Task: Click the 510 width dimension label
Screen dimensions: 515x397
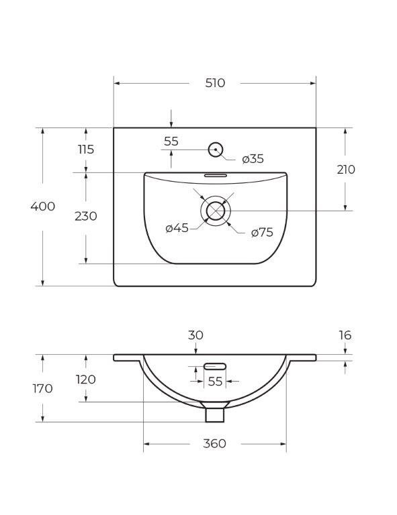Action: (215, 83)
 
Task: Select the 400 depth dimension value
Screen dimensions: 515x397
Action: (43, 207)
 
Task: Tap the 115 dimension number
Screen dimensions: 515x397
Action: (86, 150)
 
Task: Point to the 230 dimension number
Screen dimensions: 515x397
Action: (86, 217)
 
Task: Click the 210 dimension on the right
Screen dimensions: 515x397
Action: (346, 170)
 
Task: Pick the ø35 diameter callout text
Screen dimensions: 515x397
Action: (253, 159)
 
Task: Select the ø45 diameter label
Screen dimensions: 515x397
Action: (177, 229)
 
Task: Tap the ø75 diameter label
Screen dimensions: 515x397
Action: (262, 233)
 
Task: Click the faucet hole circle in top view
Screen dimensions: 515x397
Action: (216, 149)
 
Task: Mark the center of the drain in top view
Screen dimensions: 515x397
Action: (216, 211)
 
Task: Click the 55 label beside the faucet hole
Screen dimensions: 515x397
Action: (171, 141)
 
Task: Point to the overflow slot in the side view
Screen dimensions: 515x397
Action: (215, 366)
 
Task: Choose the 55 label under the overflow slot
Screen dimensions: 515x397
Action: (215, 382)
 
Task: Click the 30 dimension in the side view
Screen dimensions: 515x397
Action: (195, 335)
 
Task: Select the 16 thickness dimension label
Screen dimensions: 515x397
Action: (345, 335)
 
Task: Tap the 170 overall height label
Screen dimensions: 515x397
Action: (42, 388)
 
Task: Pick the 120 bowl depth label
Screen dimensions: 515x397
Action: (86, 380)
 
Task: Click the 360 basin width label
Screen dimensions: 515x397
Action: (215, 444)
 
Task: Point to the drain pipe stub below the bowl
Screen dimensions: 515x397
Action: (215, 413)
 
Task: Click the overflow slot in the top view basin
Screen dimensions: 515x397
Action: (215, 174)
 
